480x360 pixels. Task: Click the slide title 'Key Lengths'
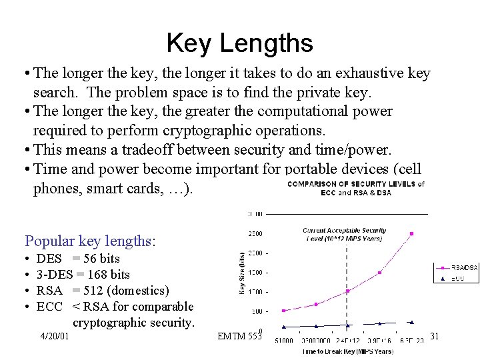(239, 43)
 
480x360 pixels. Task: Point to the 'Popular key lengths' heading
(90, 241)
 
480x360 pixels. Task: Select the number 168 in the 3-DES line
(97, 275)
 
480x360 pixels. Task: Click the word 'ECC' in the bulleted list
(49, 307)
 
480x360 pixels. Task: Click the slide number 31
(434, 337)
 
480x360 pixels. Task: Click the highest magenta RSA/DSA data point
(412, 233)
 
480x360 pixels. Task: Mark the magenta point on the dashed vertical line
(347, 291)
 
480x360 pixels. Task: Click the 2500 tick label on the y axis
(256, 233)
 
